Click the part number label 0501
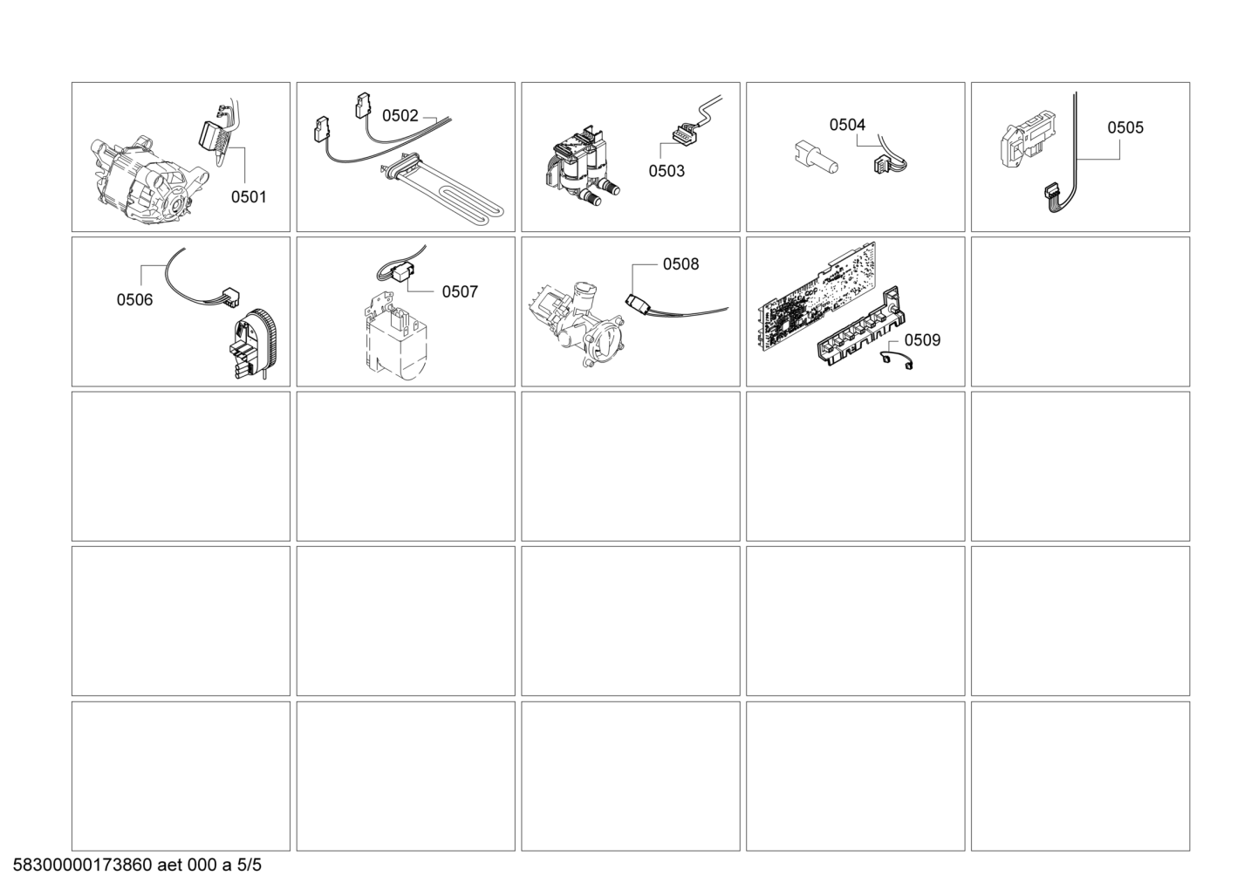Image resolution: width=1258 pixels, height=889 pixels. (x=249, y=197)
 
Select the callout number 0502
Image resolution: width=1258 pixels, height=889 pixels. (x=400, y=116)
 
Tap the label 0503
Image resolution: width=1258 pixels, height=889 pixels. (x=667, y=171)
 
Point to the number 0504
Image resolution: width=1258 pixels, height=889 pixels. (x=847, y=125)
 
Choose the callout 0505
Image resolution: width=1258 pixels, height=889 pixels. (x=1125, y=127)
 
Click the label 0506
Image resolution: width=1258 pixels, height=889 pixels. (x=134, y=300)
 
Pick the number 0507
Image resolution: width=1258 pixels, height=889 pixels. (x=460, y=291)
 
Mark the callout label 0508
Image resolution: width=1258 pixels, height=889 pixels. (x=680, y=264)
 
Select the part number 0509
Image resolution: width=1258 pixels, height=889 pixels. (x=922, y=339)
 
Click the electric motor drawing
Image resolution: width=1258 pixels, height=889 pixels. (x=149, y=180)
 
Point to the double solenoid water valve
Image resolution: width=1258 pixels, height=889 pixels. (x=581, y=167)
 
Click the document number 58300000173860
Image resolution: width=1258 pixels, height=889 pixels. (x=82, y=865)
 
